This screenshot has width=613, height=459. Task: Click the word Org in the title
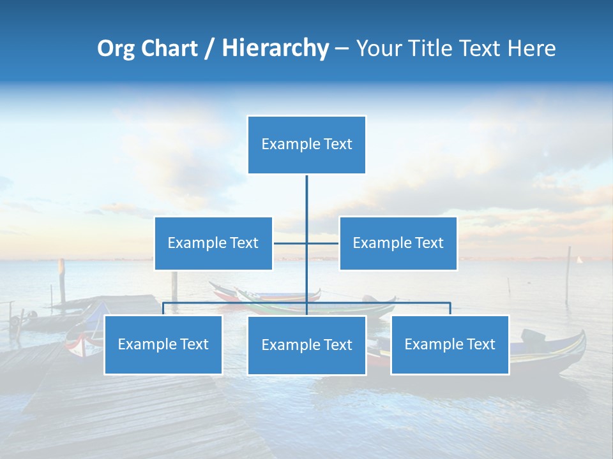[115, 48]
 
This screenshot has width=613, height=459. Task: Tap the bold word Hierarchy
[275, 48]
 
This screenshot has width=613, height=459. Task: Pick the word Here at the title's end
[531, 48]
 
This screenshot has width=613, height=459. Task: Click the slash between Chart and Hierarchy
[209, 48]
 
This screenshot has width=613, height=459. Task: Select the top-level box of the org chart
[306, 145]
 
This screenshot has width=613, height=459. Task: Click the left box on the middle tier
[213, 244]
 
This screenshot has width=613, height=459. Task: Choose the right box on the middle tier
[398, 244]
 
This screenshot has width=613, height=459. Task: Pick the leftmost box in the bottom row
[163, 345]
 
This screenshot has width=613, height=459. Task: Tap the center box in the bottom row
[306, 346]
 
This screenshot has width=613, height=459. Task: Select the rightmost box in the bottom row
[450, 345]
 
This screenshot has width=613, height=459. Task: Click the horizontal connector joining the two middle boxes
[322, 243]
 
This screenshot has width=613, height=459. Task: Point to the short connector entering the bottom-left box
[163, 309]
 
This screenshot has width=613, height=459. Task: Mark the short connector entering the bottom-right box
[450, 309]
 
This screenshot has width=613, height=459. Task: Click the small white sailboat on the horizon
[580, 259]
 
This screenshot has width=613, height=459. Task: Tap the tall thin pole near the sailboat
[568, 274]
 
